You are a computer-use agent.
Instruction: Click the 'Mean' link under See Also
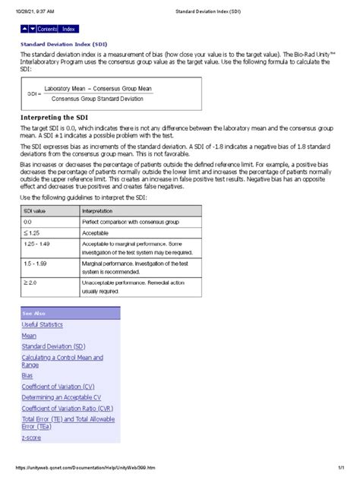[x=29, y=335]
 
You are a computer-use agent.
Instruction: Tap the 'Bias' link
[x=28, y=376]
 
